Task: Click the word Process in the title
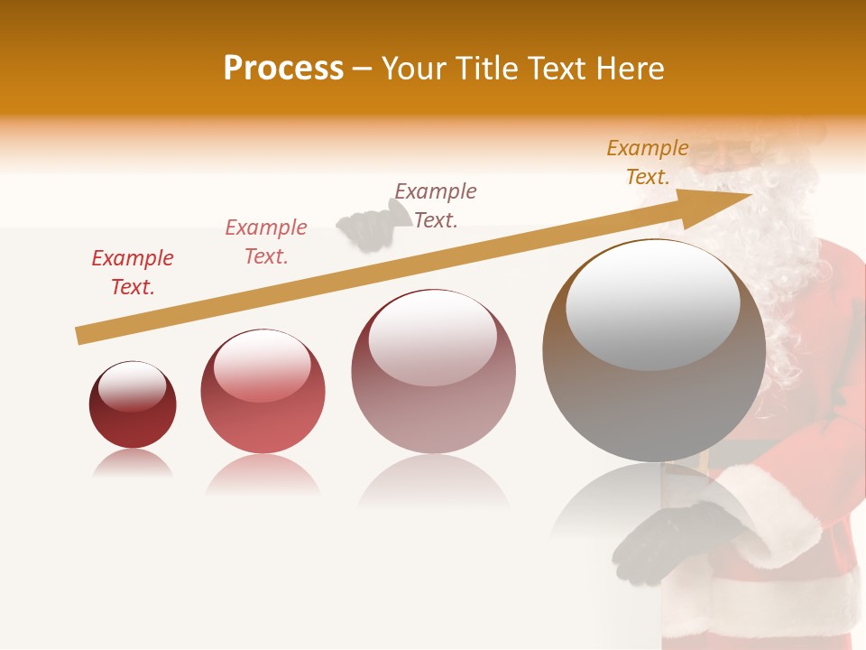pyautogui.click(x=283, y=69)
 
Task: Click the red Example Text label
pyautogui.click(x=133, y=273)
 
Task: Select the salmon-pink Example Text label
pyautogui.click(x=266, y=242)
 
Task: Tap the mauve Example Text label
pyautogui.click(x=436, y=205)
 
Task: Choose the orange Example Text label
pyautogui.click(x=648, y=162)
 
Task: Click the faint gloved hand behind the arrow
pyautogui.click(x=365, y=227)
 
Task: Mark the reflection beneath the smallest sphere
pyautogui.click(x=132, y=465)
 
